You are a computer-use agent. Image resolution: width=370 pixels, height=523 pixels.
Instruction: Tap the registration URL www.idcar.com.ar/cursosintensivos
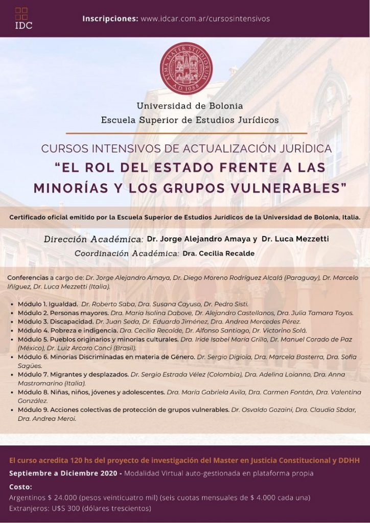[205, 19]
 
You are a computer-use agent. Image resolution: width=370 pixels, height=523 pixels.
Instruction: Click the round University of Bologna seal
[186, 68]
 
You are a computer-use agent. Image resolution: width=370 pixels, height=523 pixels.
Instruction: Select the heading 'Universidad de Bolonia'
[190, 106]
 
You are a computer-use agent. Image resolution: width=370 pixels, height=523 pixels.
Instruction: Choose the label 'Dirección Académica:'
[93, 239]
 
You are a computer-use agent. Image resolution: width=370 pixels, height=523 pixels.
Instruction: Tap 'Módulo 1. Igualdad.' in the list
[48, 303]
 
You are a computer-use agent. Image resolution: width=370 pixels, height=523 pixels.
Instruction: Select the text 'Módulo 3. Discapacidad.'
[55, 321]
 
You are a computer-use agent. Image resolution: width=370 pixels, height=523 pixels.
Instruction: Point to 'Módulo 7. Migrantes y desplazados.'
[73, 374]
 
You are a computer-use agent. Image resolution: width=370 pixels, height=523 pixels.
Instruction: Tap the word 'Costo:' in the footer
[20, 487]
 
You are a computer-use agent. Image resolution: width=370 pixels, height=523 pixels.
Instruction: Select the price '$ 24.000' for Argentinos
[63, 497]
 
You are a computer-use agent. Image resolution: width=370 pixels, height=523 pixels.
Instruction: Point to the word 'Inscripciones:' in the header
[110, 19]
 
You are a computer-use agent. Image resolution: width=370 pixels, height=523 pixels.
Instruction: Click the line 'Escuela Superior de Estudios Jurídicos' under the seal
[190, 121]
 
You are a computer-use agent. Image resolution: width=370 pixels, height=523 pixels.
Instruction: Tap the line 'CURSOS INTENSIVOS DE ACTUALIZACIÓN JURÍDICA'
[186, 149]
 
